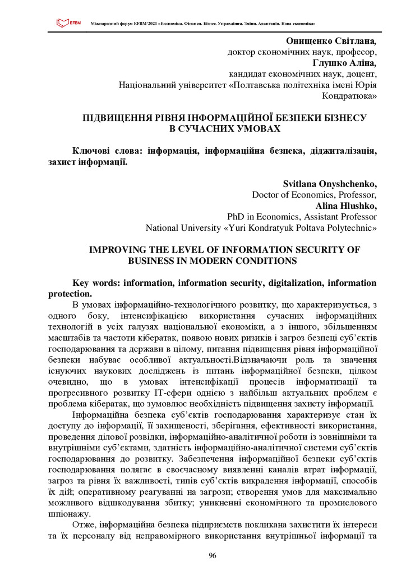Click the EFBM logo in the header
click(68, 23)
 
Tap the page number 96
click(212, 555)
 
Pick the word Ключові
click(92, 151)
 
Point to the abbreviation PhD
click(236, 217)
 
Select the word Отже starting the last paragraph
click(84, 524)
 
